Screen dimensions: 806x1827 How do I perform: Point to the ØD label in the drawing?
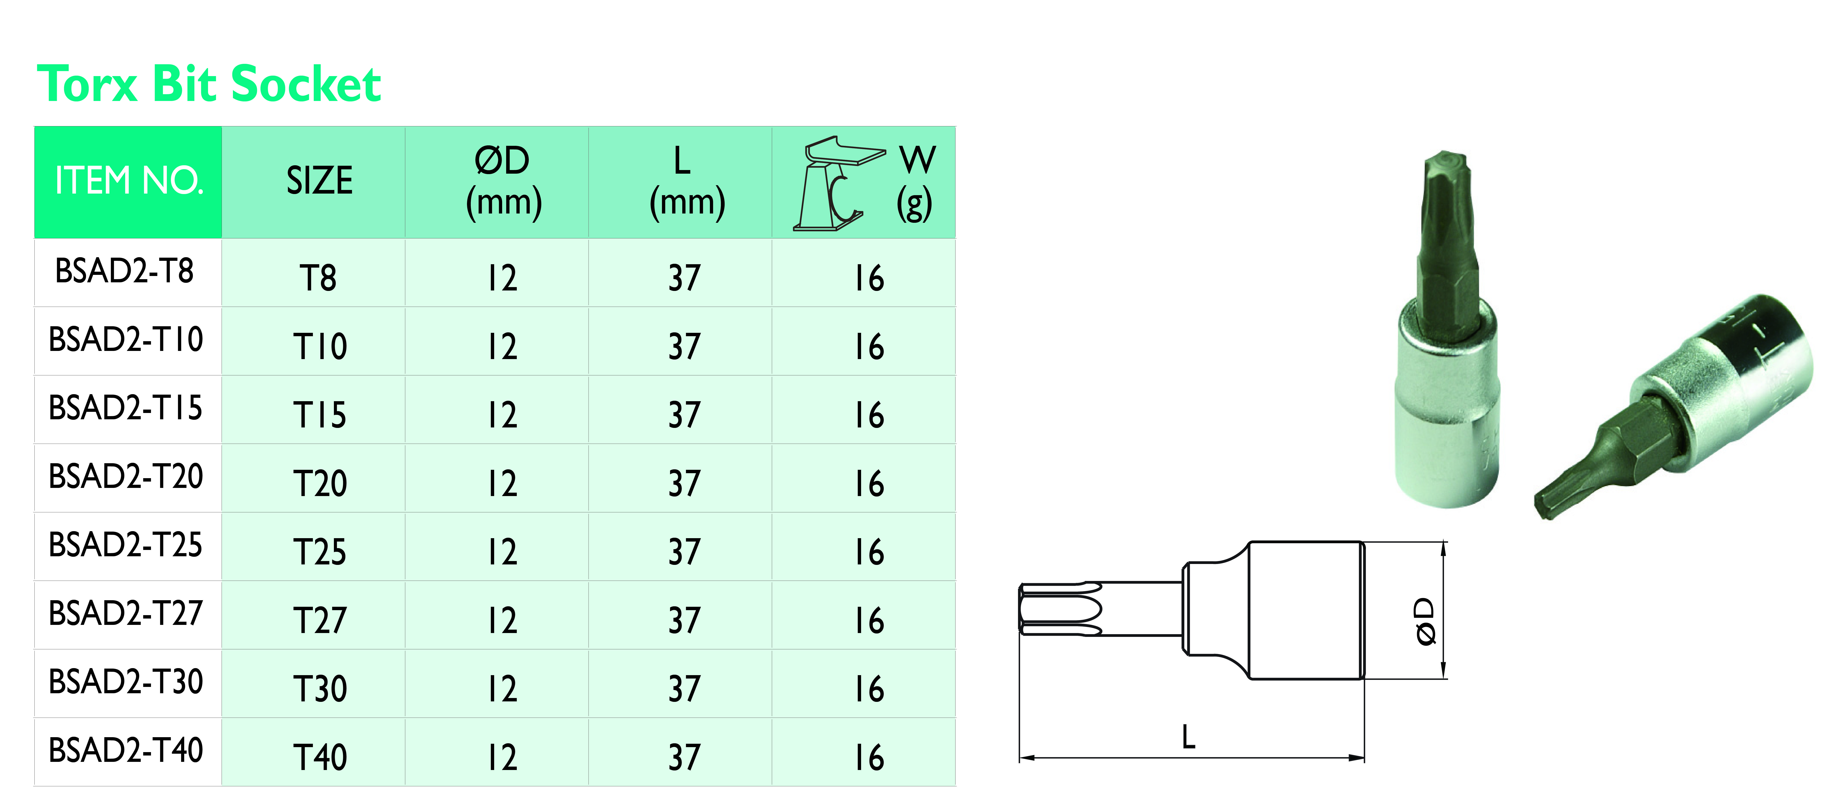point(1424,621)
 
